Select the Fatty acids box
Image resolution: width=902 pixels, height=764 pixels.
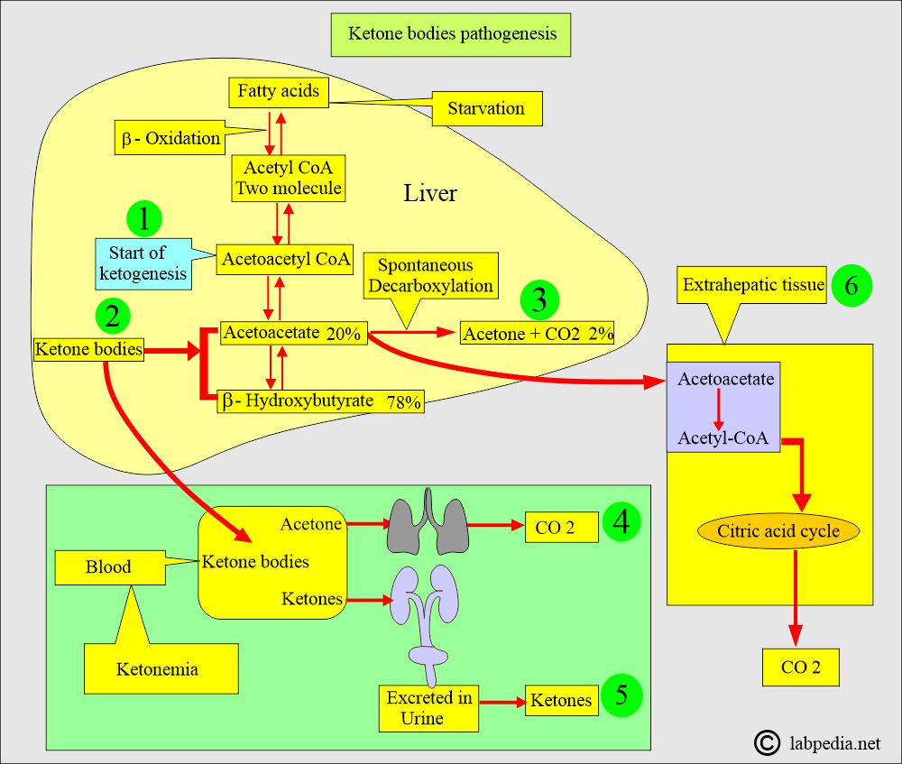pyautogui.click(x=278, y=91)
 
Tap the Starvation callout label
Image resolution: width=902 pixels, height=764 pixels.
pyautogui.click(x=486, y=108)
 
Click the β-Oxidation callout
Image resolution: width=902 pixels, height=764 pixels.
pyautogui.click(x=170, y=138)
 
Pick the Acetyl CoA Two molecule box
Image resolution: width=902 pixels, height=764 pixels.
pyautogui.click(x=288, y=178)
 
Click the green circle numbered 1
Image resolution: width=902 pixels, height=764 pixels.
pyautogui.click(x=145, y=219)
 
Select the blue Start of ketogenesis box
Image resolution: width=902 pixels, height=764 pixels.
pyautogui.click(x=143, y=262)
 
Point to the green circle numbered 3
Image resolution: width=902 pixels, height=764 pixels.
pyautogui.click(x=538, y=300)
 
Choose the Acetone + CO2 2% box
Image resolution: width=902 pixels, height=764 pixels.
pyautogui.click(x=538, y=333)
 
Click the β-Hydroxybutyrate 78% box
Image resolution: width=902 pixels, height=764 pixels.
pyautogui.click(x=321, y=401)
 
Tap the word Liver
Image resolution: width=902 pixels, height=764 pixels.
pyautogui.click(x=429, y=194)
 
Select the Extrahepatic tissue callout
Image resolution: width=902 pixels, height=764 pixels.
pyautogui.click(x=753, y=285)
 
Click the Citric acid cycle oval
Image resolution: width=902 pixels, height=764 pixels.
pyautogui.click(x=778, y=530)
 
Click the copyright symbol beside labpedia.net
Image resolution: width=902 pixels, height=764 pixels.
pyautogui.click(x=767, y=741)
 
